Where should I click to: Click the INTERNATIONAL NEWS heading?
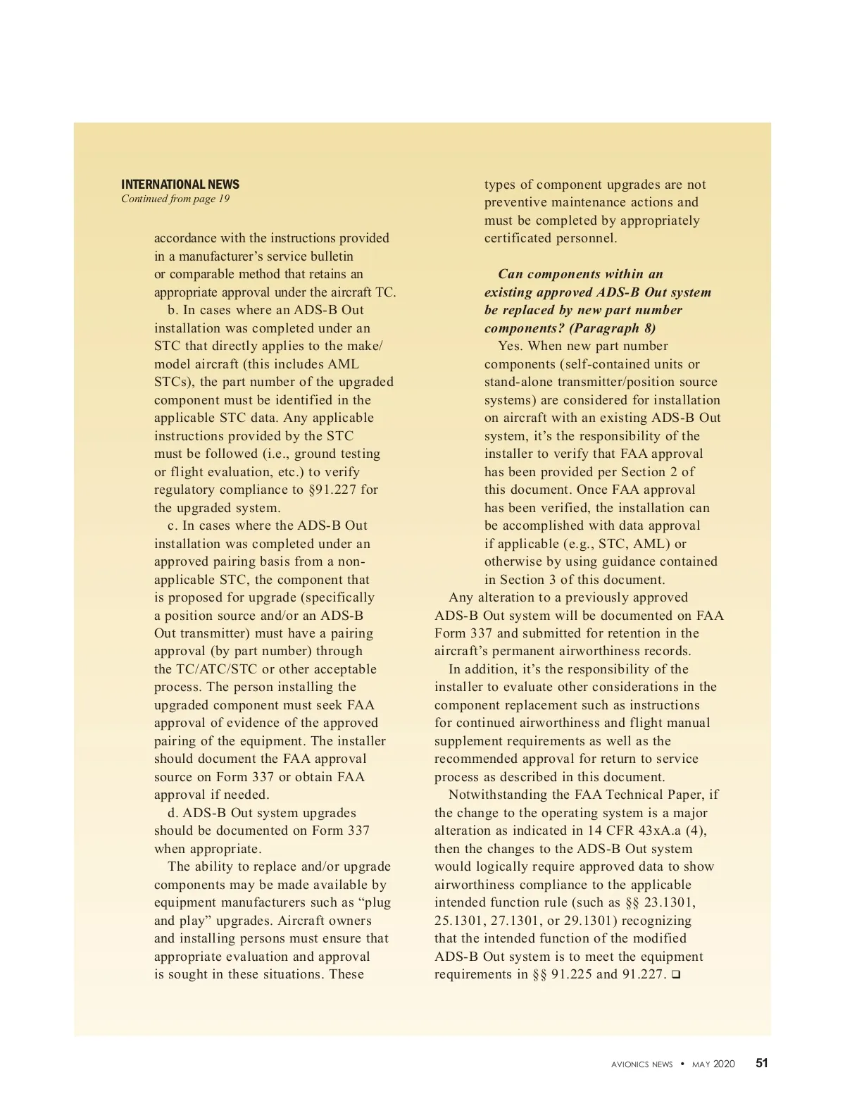tap(180, 185)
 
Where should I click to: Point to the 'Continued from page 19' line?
tap(175, 199)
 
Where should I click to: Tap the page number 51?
tap(762, 1064)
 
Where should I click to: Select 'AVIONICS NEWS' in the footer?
tap(641, 1064)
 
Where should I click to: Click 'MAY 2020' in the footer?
tap(713, 1064)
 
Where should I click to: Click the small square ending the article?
tap(676, 975)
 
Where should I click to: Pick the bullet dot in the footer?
tap(682, 1064)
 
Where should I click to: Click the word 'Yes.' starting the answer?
tap(510, 346)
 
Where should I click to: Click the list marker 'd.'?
tap(173, 813)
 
